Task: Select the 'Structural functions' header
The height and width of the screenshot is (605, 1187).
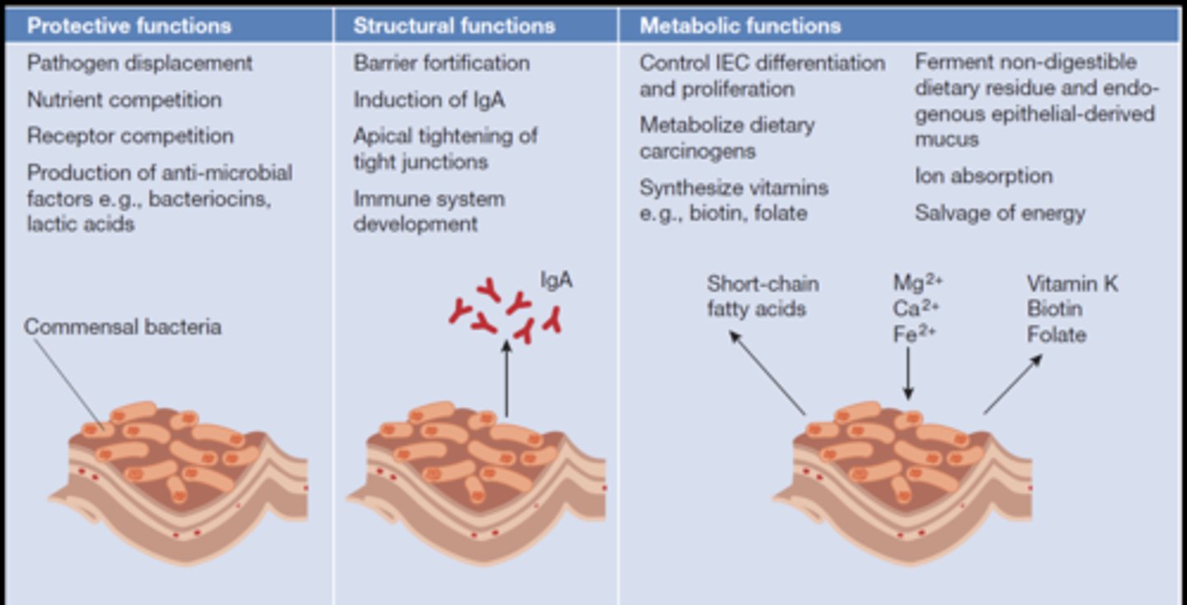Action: click(x=454, y=26)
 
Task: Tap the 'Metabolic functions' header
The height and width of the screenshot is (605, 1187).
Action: click(x=740, y=26)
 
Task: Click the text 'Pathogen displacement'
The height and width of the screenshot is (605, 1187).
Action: click(x=140, y=63)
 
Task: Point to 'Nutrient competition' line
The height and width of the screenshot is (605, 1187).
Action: click(x=124, y=100)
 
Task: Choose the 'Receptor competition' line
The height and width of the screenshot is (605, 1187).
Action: click(x=130, y=136)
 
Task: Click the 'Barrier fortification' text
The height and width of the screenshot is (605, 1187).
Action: click(x=442, y=63)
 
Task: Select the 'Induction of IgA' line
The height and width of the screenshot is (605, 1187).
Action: click(x=429, y=100)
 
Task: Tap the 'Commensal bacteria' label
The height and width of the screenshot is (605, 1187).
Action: click(x=123, y=326)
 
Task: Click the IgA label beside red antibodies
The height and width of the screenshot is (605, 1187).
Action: click(x=556, y=280)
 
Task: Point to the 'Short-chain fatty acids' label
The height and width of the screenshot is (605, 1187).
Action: click(x=762, y=296)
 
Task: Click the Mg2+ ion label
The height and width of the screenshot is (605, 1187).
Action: click(x=917, y=283)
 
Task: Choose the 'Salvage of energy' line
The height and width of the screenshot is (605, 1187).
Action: click(x=1000, y=213)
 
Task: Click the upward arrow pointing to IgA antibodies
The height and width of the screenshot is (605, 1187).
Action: click(x=506, y=379)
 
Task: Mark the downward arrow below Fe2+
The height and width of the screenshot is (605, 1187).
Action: click(x=908, y=373)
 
